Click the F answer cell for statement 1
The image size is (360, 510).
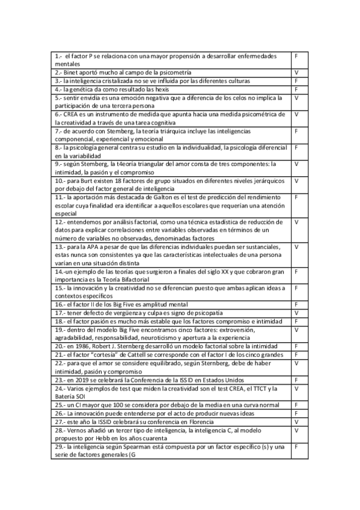click(x=297, y=56)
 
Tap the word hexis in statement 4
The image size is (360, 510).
click(x=157, y=89)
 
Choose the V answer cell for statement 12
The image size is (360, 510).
click(x=297, y=222)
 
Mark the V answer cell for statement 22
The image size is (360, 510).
click(x=297, y=363)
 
